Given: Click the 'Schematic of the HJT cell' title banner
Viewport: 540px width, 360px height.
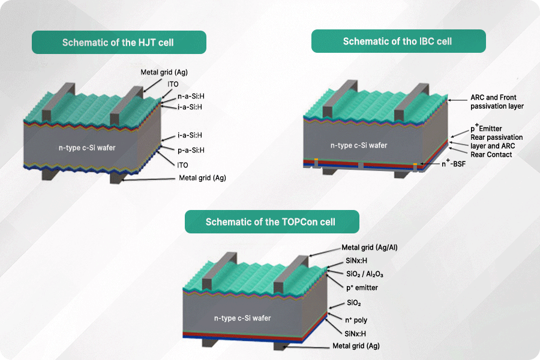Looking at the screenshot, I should tap(118, 43).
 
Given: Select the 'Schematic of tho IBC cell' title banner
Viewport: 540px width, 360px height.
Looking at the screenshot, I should tap(397, 41).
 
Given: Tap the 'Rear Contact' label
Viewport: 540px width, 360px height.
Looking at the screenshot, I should tap(491, 155).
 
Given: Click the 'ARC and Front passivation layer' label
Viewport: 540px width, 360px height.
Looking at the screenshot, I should tap(497, 101).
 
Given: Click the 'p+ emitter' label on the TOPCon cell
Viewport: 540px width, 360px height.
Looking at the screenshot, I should tap(361, 287).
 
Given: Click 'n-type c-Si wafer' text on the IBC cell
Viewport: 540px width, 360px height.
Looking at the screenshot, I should tap(359, 145).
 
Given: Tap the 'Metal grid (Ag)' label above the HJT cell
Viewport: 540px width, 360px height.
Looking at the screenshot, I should tap(164, 73).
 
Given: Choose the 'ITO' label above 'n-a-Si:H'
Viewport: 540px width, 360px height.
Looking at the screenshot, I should tap(173, 85).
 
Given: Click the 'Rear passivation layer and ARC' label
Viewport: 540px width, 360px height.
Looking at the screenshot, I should tap(496, 142).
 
